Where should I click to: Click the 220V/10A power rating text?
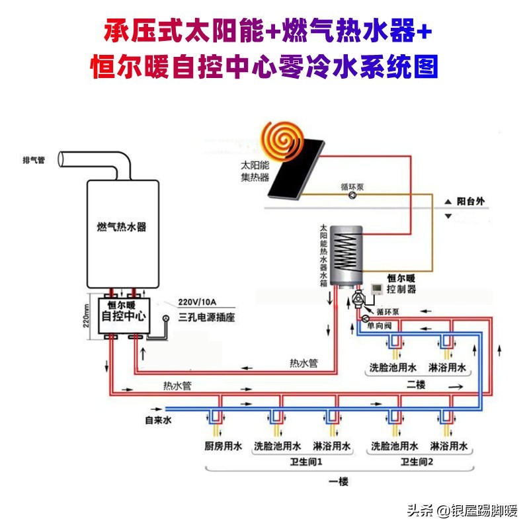[198, 304]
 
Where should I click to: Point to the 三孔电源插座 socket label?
[208, 317]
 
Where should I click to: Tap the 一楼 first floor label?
[338, 481]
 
